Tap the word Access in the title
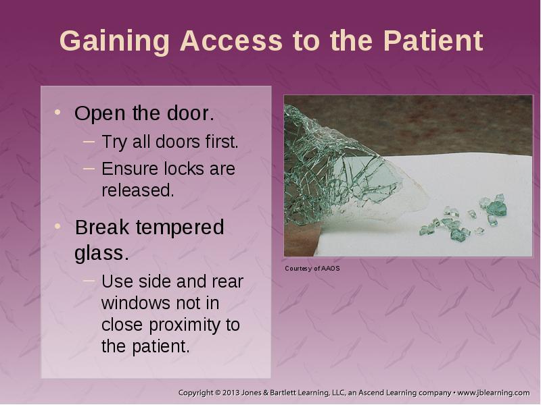pos(231,40)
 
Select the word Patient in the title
pos(433,40)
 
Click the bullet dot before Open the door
pos(57,112)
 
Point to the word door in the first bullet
pos(191,113)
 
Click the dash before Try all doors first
pos(89,141)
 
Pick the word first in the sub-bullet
pos(222,142)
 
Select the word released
pos(138,190)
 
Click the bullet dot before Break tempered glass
pos(57,226)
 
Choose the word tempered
pos(180,227)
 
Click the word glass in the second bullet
pos(101,254)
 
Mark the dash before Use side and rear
pos(89,281)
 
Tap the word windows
pos(136,303)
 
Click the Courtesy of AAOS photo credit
pos(312,269)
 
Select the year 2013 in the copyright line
pos(231,393)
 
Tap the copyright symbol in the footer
pos(217,393)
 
